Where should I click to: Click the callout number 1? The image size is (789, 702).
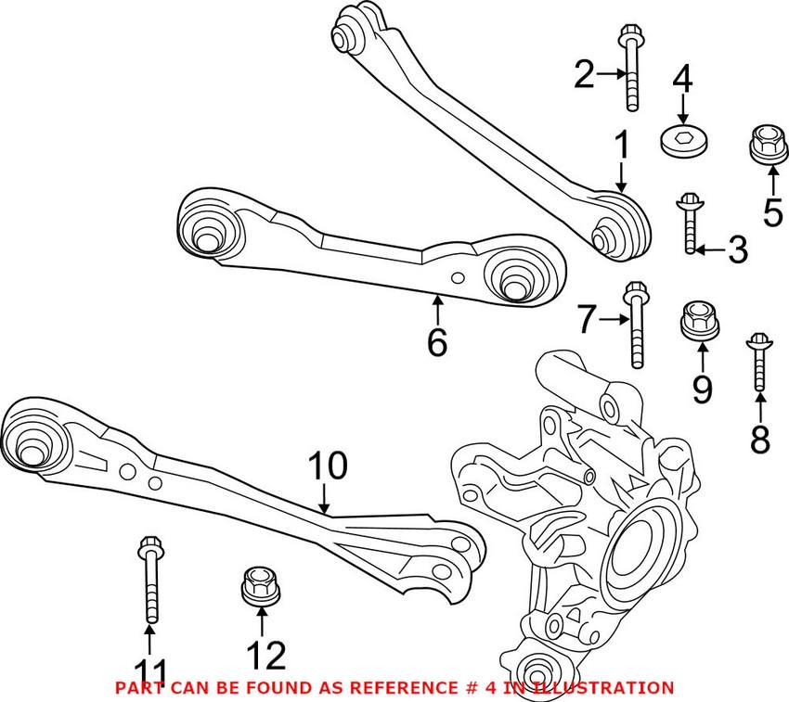pyautogui.click(x=621, y=146)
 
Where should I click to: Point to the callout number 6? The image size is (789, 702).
pyautogui.click(x=436, y=342)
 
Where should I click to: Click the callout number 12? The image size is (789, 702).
pyautogui.click(x=265, y=657)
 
